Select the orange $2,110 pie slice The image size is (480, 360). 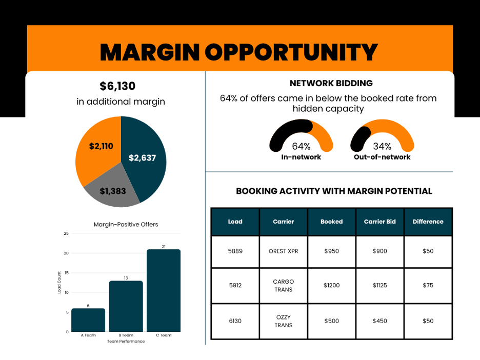[98, 147]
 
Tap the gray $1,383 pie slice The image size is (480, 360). [112, 190]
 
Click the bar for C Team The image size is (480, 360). [164, 290]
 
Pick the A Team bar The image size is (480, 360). [88, 320]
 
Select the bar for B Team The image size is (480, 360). [126, 306]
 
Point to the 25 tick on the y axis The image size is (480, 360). [66, 233]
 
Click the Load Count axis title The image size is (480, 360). [59, 283]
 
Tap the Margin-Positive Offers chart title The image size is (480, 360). [126, 225]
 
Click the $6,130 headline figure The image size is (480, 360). [117, 86]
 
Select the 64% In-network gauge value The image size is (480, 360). [301, 146]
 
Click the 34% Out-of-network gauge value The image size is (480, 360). [382, 146]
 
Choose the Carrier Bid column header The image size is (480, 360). [379, 222]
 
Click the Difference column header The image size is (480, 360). [428, 222]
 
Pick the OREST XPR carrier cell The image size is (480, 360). [284, 251]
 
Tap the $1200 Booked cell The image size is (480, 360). [331, 285]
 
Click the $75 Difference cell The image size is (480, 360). [428, 285]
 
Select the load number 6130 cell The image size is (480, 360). [235, 321]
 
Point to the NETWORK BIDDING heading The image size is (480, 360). [331, 83]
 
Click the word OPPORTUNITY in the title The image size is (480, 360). [291, 52]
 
